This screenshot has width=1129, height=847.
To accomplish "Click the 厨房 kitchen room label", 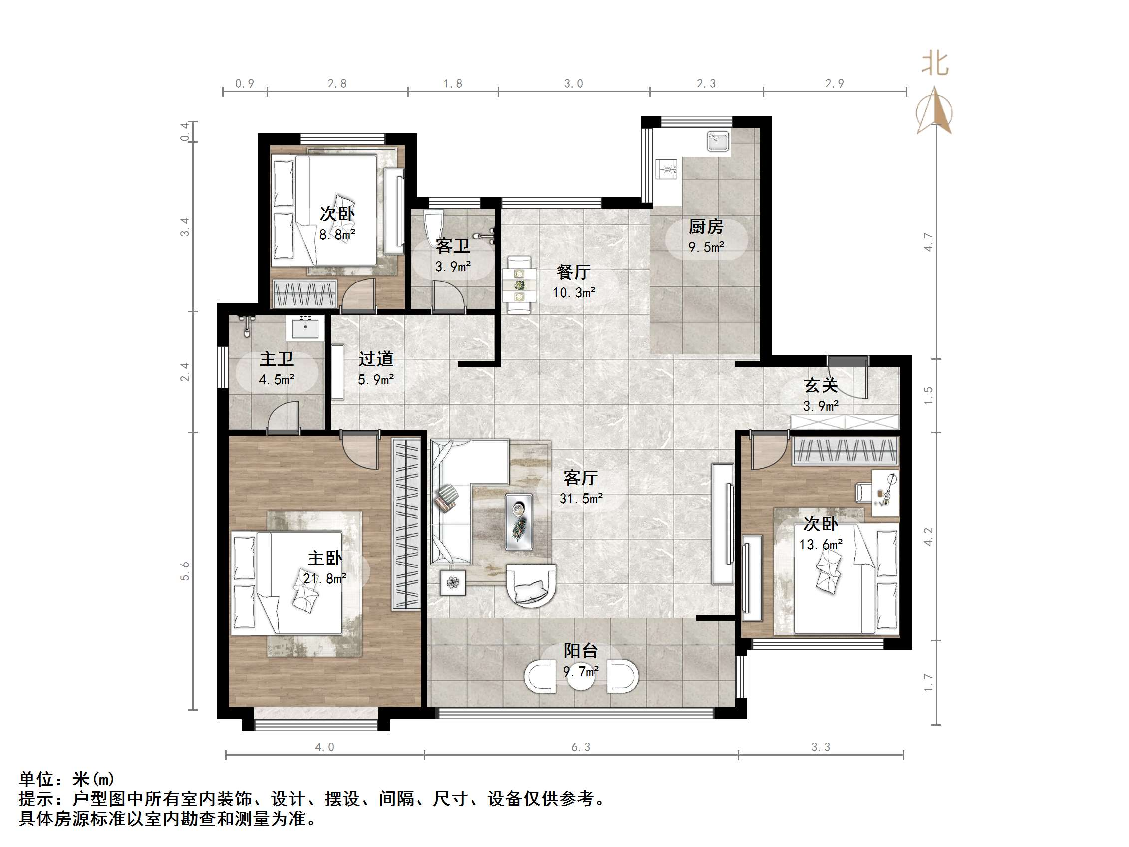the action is click(706, 226).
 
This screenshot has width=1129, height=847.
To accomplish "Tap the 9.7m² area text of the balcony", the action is click(581, 671).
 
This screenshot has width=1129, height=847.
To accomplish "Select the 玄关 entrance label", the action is click(821, 385).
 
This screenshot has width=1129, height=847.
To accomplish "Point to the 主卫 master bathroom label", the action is click(276, 359).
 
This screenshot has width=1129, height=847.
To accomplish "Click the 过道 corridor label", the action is click(376, 359).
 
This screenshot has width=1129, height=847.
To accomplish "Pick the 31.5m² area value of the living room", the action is click(581, 498).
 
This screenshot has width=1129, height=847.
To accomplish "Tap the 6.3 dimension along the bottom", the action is click(581, 748).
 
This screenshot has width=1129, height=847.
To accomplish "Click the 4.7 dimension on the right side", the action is click(928, 242).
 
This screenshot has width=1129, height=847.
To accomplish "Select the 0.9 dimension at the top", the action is click(245, 84).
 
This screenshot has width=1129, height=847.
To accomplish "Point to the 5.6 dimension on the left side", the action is click(185, 571).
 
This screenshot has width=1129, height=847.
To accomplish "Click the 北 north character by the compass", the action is click(935, 64).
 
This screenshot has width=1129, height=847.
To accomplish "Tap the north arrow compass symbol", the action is click(934, 111).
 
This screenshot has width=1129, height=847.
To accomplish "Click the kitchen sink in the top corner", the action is click(718, 141).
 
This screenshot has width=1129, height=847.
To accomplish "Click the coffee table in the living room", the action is click(519, 522).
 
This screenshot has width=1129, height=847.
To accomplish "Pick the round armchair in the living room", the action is click(531, 585).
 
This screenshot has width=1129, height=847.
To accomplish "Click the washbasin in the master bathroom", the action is click(305, 328).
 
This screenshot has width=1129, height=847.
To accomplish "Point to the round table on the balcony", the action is click(581, 676).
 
